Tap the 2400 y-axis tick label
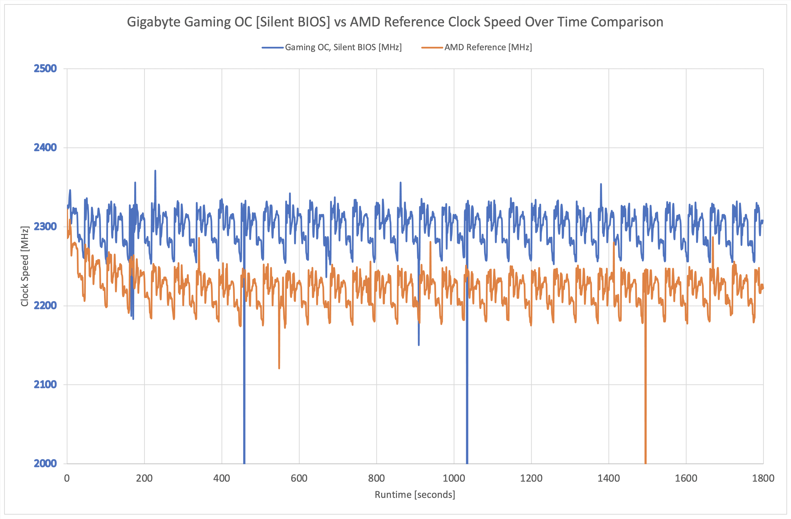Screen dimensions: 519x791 pyautogui.click(x=45, y=147)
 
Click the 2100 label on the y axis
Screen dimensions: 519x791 pyautogui.click(x=45, y=384)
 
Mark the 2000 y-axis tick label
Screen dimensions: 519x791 pyautogui.click(x=45, y=463)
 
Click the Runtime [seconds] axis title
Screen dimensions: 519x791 pyautogui.click(x=415, y=495)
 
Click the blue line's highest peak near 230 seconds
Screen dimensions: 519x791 pyautogui.click(x=155, y=171)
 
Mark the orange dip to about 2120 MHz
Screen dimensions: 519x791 pyautogui.click(x=279, y=367)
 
